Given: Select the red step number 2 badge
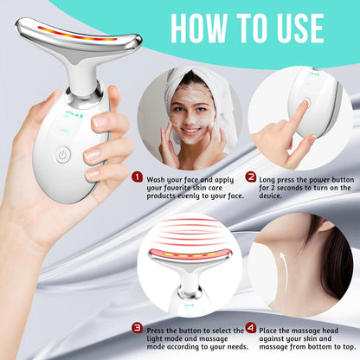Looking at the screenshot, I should (251, 177).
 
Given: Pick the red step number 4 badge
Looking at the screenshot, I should (250, 327).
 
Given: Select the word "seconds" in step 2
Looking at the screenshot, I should (300, 188).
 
